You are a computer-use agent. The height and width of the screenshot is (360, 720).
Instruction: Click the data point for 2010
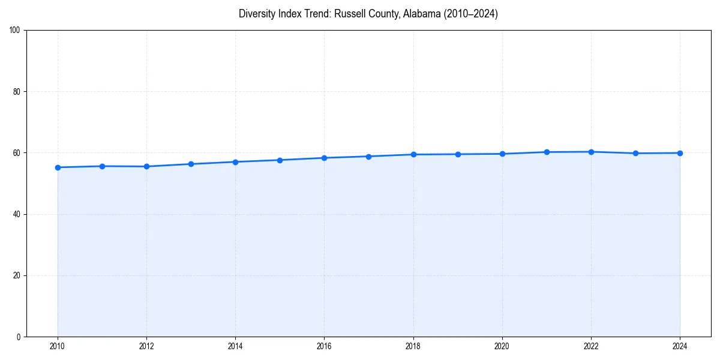58,167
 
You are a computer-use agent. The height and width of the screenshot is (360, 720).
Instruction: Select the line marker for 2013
191,164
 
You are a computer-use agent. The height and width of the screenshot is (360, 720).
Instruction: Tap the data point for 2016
324,158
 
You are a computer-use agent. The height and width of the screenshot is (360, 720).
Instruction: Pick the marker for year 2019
458,154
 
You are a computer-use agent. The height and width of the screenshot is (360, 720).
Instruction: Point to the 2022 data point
591,152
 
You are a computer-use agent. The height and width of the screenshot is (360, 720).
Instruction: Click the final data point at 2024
680,153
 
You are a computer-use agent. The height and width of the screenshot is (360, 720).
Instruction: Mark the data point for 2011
102,166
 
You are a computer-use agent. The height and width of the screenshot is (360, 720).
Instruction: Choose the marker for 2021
547,152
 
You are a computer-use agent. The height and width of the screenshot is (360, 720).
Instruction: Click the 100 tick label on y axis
15,30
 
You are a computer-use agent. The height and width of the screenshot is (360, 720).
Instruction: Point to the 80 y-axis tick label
17,92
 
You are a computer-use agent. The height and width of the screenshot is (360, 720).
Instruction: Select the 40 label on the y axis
17,214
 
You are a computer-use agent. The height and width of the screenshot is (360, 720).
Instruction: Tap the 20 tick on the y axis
17,275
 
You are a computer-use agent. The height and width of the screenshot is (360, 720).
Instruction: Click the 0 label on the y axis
19,337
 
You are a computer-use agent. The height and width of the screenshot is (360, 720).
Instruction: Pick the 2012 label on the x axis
146,346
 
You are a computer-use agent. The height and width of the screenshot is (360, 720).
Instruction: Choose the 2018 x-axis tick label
413,346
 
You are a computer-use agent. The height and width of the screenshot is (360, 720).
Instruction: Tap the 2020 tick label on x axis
502,346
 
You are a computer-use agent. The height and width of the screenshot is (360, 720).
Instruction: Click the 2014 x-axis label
235,346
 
